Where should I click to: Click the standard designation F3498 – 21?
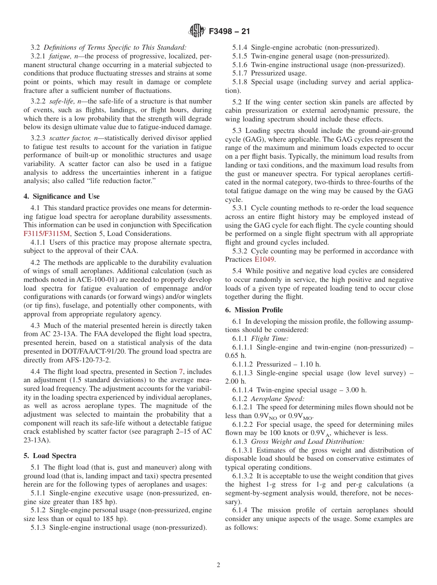click(x=229, y=32)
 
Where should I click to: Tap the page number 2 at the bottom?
click(x=218, y=565)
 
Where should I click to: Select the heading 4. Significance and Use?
click(x=62, y=196)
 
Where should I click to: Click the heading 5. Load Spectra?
click(x=50, y=456)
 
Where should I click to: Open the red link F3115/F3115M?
click(x=47, y=234)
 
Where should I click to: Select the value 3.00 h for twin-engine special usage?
click(x=354, y=390)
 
